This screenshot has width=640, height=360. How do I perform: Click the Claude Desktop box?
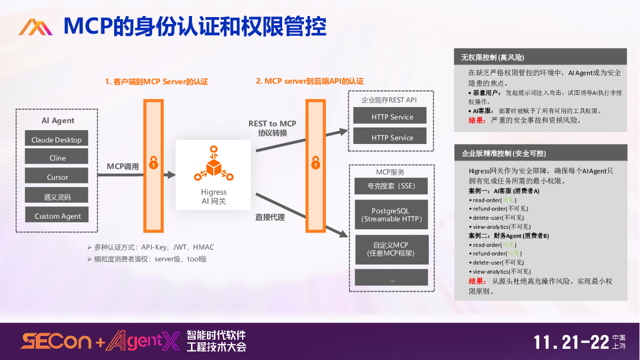coord(57,140)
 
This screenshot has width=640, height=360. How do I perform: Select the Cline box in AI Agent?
coord(57,158)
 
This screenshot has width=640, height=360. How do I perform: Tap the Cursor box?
coord(57,177)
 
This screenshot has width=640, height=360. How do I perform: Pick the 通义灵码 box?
coord(57,197)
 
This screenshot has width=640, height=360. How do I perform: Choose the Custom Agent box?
coord(57,216)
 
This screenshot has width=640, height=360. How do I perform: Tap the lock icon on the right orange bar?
coord(315,161)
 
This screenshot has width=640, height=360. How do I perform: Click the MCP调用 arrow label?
coord(123,166)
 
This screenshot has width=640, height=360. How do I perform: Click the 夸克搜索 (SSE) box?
coord(391,186)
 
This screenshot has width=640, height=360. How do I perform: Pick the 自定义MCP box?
coord(391,249)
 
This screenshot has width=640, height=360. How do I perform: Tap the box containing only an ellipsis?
coord(391,277)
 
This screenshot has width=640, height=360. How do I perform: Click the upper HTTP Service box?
coord(391,117)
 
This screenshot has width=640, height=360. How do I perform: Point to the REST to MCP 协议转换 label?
coord(273,128)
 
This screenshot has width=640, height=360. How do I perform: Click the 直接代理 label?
coord(270,217)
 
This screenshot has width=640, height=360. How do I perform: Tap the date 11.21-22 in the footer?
coord(571,342)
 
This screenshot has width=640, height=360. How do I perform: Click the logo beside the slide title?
coord(35,27)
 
